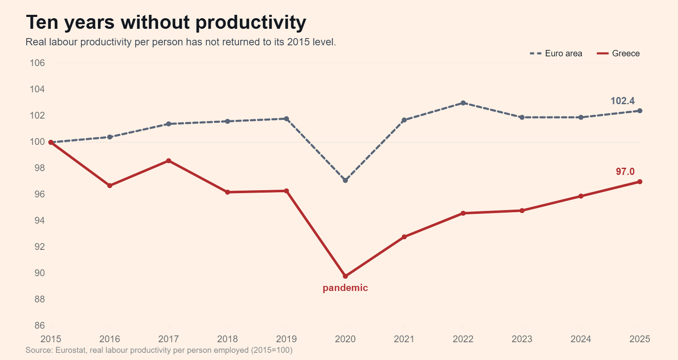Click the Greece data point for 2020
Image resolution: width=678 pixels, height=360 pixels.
tap(345, 276)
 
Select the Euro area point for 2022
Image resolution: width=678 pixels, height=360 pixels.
tap(463, 103)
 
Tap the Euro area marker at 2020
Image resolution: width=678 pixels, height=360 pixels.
tap(345, 180)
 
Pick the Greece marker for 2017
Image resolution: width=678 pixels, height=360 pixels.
tap(169, 161)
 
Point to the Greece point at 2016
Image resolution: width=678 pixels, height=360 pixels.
tap(110, 186)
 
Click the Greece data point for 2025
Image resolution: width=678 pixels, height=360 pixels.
tap(640, 182)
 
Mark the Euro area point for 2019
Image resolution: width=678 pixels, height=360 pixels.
tap(286, 119)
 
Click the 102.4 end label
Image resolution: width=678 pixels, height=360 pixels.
tap(622, 101)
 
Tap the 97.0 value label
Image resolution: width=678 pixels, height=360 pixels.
tap(625, 172)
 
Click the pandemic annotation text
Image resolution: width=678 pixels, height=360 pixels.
tap(345, 288)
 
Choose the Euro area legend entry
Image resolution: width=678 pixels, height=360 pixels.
tap(556, 53)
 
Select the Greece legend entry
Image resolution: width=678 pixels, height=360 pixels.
tap(618, 53)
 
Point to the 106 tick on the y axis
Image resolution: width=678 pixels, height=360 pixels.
tap(37, 63)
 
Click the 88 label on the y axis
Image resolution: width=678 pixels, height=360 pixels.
tap(40, 299)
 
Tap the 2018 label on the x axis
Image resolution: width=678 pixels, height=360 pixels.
tap(228, 339)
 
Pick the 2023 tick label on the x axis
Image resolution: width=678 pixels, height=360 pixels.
tap(522, 339)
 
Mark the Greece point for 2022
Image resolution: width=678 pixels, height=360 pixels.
tap(463, 213)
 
